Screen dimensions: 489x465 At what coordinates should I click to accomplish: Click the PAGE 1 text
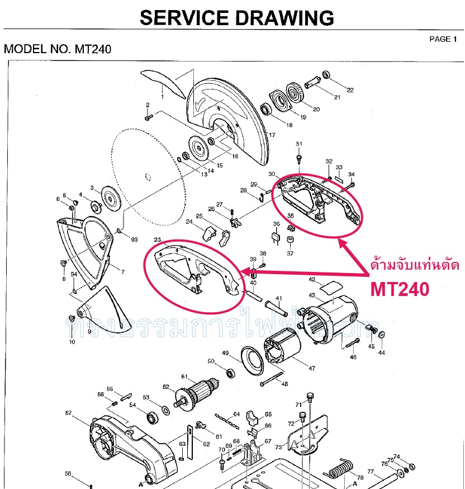point(443,39)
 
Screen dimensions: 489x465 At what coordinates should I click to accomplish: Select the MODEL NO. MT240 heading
point(58,49)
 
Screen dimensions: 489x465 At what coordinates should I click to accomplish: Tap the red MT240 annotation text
point(400,289)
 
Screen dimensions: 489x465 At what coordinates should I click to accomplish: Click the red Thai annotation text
point(415,265)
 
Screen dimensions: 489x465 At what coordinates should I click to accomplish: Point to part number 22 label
point(350,90)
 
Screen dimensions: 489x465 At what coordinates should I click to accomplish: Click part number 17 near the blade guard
point(272,135)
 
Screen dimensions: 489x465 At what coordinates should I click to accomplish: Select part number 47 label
point(311,369)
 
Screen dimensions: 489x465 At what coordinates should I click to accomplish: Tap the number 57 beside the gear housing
point(68,413)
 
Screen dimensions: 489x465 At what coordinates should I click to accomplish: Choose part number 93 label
point(134,239)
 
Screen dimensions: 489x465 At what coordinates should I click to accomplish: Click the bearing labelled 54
point(151,417)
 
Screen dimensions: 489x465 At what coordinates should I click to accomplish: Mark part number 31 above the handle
point(299,144)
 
